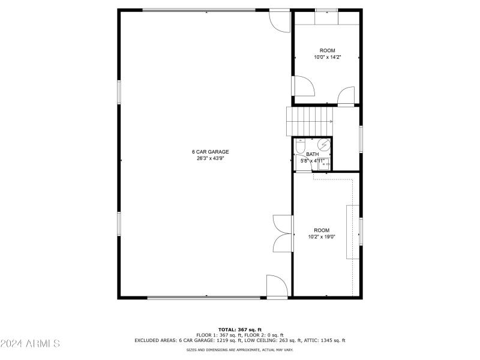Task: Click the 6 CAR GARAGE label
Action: coord(210,152)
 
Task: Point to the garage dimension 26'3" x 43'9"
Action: coord(210,159)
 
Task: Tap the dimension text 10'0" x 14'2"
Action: coord(328,58)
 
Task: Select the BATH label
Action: coord(313,154)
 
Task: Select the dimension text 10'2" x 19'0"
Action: coord(322,237)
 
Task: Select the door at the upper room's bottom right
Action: coord(346,97)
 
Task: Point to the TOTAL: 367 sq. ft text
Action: coord(240,329)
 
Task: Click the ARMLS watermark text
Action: coord(30,344)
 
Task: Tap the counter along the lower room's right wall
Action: coord(352,232)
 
